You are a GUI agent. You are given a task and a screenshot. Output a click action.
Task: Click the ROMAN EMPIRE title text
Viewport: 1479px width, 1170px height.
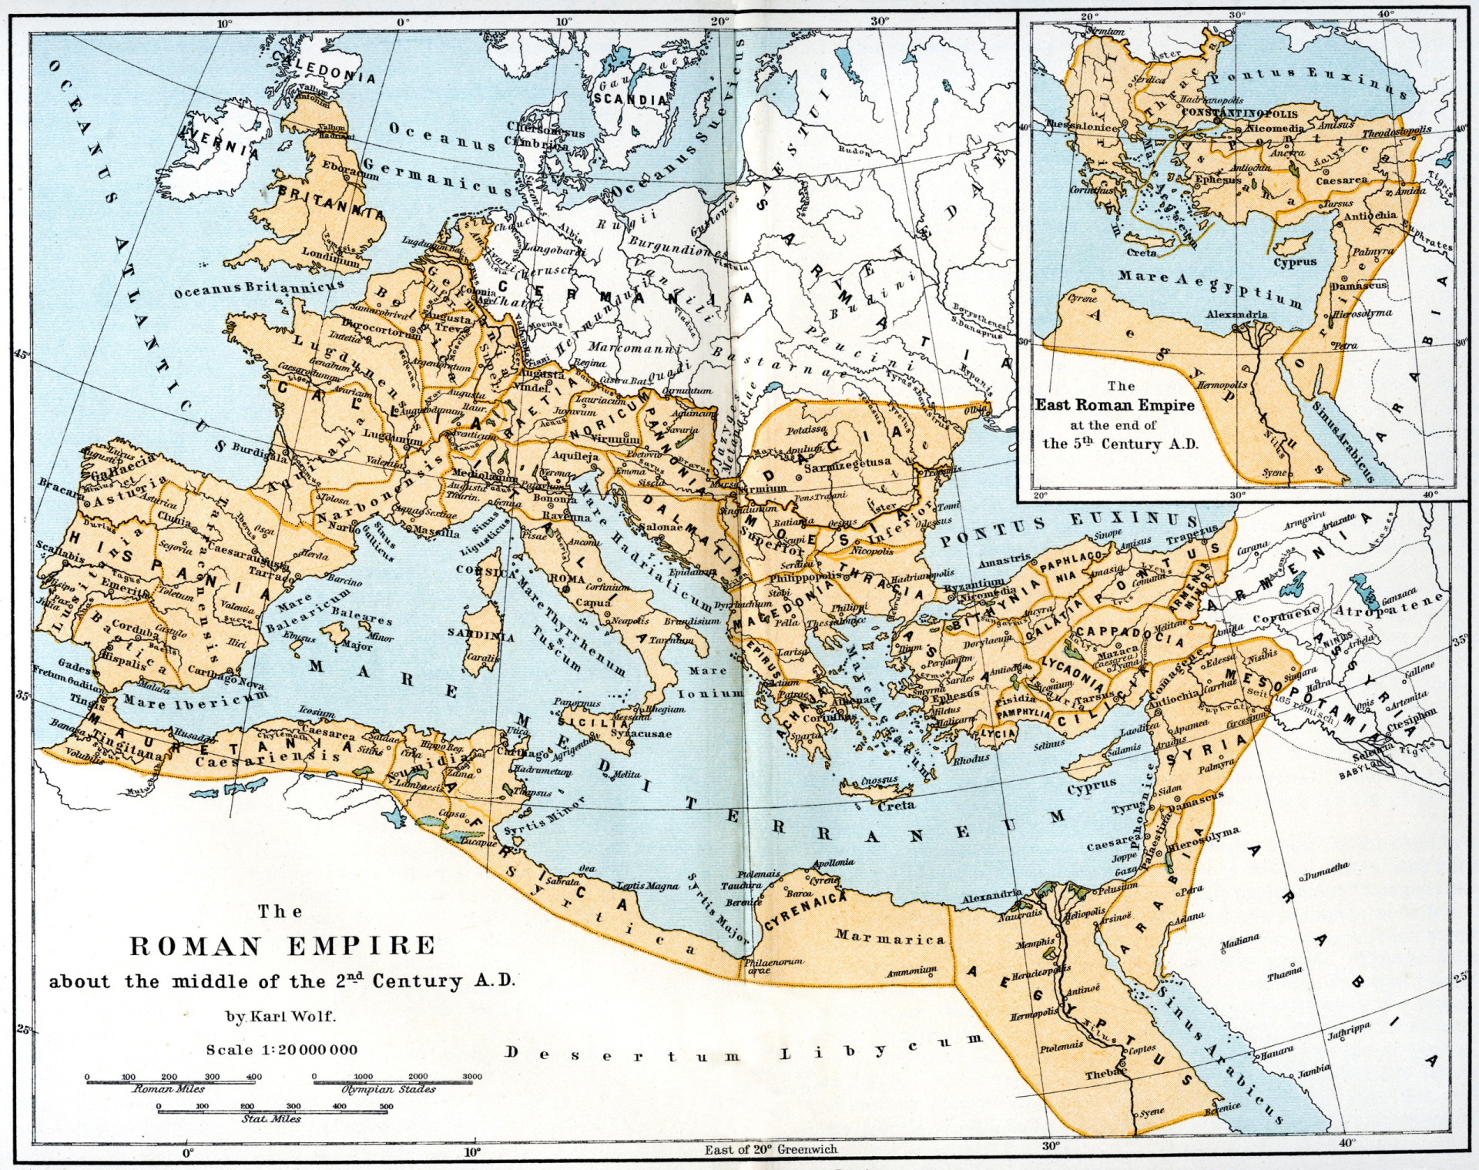[x=282, y=946]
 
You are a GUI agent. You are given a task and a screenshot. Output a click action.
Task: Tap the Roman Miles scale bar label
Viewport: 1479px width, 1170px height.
[x=169, y=1089]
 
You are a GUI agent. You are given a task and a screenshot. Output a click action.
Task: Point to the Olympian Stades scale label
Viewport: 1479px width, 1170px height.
[x=388, y=1089]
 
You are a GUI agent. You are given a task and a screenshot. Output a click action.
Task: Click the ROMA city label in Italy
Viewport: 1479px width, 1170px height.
[x=566, y=578]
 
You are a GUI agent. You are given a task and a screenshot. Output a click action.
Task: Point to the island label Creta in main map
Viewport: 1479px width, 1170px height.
[x=897, y=805]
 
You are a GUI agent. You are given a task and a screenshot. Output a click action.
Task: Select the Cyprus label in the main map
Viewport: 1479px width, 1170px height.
[x=1092, y=787]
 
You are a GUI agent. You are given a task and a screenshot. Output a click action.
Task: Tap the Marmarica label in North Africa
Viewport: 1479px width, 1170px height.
[x=890, y=937]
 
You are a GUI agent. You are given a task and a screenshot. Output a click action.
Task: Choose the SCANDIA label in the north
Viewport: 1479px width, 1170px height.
[x=630, y=99]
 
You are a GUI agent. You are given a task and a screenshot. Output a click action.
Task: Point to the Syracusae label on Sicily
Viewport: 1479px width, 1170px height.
[x=641, y=733]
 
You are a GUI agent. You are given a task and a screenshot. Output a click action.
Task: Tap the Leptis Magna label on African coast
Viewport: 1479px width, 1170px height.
[x=648, y=886]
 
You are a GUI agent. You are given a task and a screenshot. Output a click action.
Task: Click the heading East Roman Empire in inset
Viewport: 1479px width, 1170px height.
[x=1115, y=405]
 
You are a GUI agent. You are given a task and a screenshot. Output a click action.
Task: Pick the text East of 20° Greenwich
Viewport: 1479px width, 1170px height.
[x=770, y=1149]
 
